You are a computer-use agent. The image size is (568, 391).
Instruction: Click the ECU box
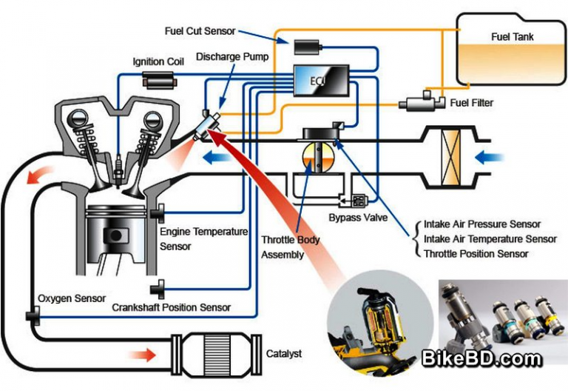click(x=319, y=80)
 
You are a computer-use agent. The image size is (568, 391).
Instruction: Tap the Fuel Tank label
click(x=512, y=36)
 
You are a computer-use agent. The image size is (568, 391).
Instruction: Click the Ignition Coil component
click(x=158, y=79)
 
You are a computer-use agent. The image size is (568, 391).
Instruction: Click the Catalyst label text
click(x=284, y=354)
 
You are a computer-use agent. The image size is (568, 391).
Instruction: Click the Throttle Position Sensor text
click(x=476, y=254)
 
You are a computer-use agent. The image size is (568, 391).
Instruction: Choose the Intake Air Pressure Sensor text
click(x=482, y=224)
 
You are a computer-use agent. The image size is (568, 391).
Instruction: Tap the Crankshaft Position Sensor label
click(x=172, y=307)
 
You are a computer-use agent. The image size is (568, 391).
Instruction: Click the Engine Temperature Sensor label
click(x=203, y=238)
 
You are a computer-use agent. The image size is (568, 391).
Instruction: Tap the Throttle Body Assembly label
click(x=290, y=247)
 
